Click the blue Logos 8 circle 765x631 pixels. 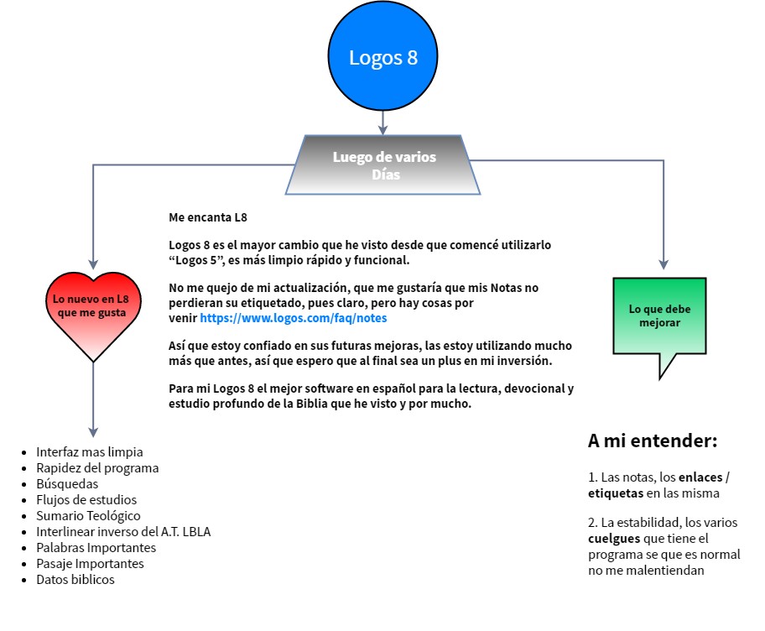tap(382, 57)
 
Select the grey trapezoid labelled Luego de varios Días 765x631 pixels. tap(383, 165)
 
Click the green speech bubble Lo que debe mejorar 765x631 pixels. tap(659, 317)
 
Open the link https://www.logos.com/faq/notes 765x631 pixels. tap(293, 319)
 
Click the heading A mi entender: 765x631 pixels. tap(652, 441)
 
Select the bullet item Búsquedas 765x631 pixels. tap(67, 484)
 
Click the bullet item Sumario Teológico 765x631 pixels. tap(88, 516)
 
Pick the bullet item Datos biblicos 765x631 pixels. tap(75, 580)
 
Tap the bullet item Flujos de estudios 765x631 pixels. tap(86, 500)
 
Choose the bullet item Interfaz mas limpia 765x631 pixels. tap(90, 452)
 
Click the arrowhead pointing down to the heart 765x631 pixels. tap(93, 263)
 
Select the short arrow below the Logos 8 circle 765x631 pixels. tap(382, 125)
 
